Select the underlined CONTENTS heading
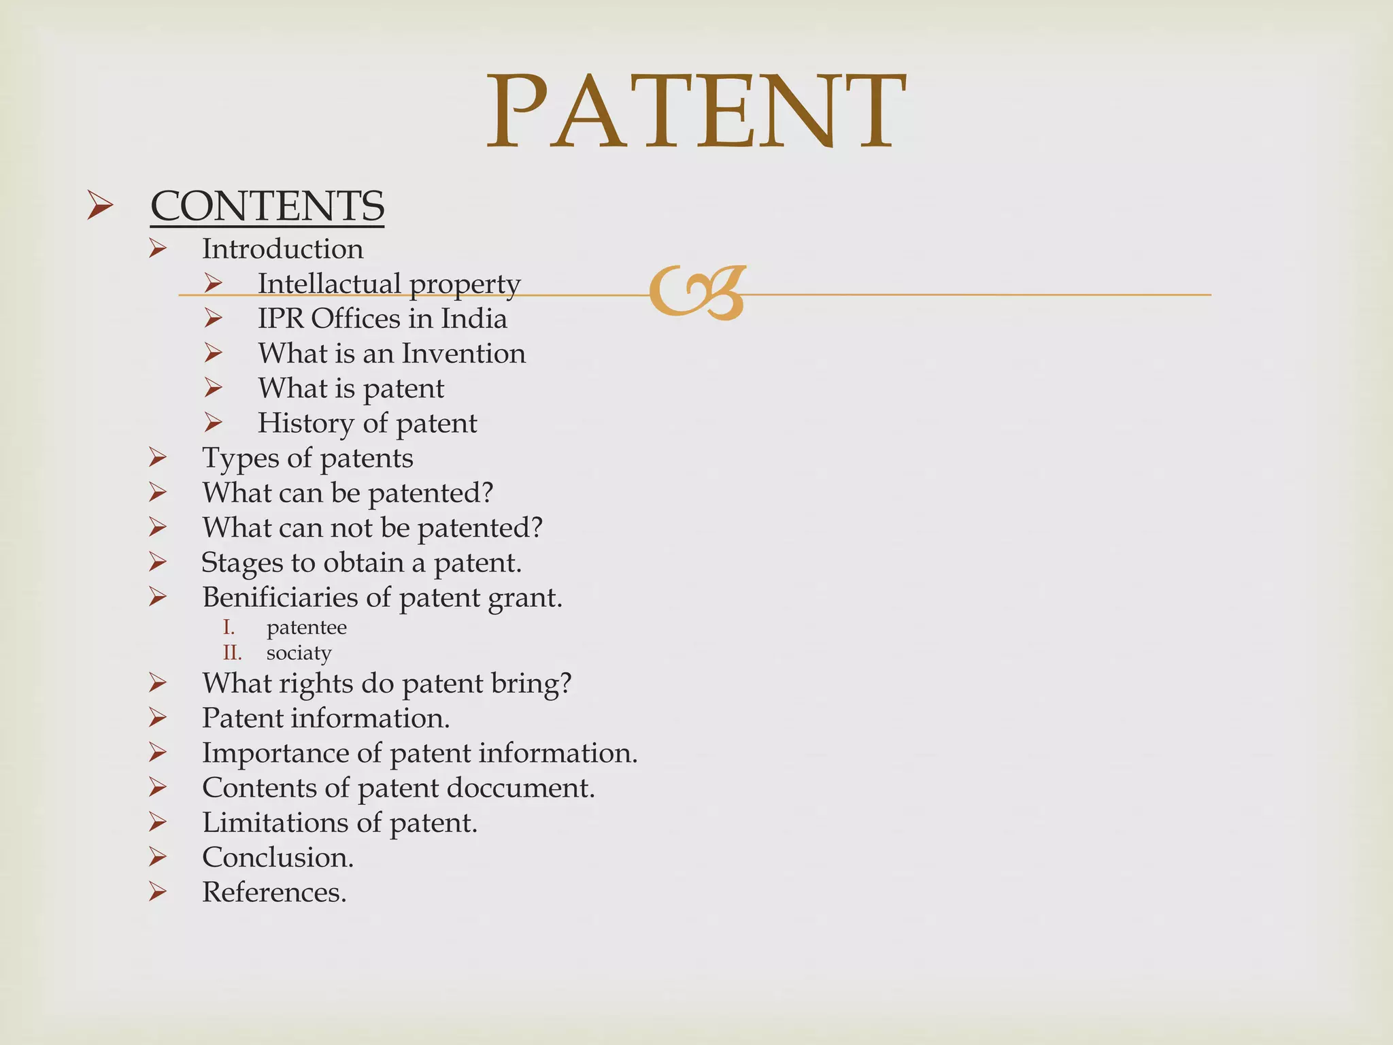click(267, 205)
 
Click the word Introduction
click(282, 249)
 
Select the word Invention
click(463, 353)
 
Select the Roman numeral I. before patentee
click(229, 627)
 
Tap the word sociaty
click(299, 653)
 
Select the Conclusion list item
click(278, 857)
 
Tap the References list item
click(274, 892)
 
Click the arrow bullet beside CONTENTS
click(101, 206)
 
